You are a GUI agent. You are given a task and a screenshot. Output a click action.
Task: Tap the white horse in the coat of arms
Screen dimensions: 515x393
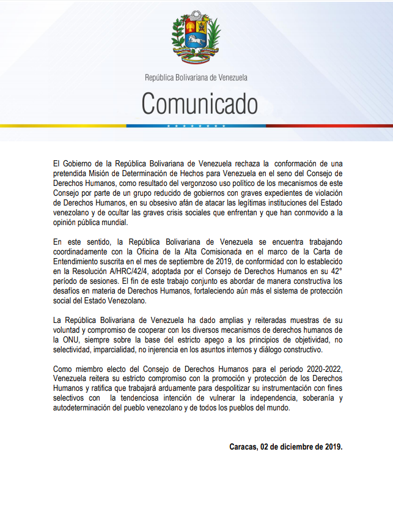[196, 42]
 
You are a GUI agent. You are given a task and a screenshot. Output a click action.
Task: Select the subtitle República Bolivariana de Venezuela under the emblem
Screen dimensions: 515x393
[196, 78]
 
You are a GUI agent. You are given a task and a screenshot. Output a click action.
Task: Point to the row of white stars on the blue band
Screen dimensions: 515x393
[196, 126]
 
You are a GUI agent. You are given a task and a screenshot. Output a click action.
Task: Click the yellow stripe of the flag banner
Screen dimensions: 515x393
[61, 126]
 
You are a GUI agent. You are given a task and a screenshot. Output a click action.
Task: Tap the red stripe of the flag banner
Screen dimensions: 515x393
[330, 126]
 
